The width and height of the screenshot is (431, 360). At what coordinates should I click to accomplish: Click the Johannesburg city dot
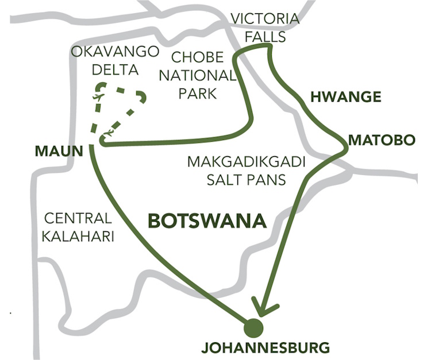252,328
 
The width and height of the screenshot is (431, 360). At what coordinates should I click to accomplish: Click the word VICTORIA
265,20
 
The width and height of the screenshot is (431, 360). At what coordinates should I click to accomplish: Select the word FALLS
265,36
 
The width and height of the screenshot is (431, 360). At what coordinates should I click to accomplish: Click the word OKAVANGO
115,52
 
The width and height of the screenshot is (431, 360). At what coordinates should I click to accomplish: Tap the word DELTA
115,70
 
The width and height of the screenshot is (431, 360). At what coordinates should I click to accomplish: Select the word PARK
197,92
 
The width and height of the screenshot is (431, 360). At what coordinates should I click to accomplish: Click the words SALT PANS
249,179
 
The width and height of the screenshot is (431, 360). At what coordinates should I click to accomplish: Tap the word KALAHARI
79,236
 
